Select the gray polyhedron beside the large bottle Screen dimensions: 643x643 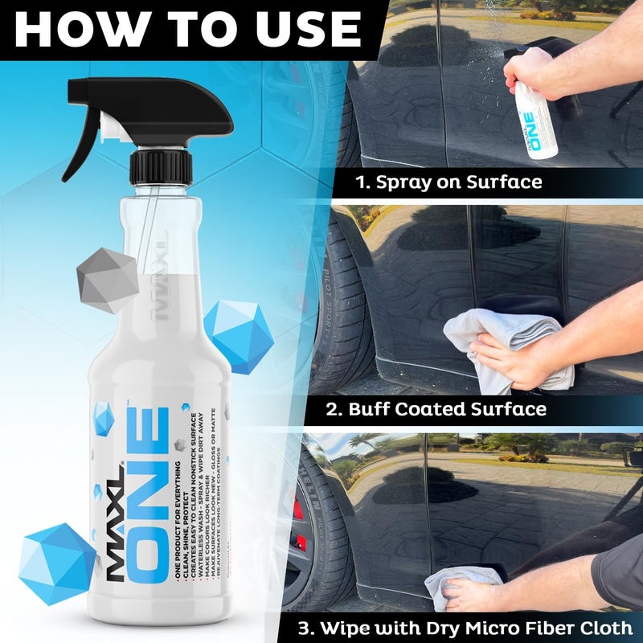click(108, 277)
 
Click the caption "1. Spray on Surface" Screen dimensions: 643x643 click(449, 182)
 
